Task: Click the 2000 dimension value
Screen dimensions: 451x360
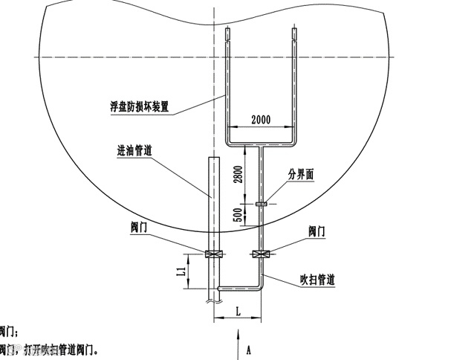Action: (x=262, y=119)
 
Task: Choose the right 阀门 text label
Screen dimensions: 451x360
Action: (x=317, y=231)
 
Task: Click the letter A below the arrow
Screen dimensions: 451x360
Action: (x=250, y=347)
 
